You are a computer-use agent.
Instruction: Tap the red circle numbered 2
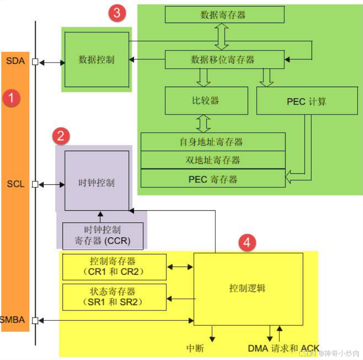coord(61,136)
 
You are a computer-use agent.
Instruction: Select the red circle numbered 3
coord(117,13)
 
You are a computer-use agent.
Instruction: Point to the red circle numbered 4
coord(247,243)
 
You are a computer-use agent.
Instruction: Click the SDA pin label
coord(15,62)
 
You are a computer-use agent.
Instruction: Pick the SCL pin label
coord(15,184)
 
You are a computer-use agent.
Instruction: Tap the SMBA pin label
coord(13,320)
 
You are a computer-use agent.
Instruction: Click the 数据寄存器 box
coord(225,15)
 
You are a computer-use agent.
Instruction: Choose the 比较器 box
coord(206,101)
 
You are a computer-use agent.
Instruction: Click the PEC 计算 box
coord(307,101)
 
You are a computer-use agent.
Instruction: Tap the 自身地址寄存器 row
coord(213,142)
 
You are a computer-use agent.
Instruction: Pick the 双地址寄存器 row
coord(213,160)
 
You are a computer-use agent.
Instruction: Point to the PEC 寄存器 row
coord(213,179)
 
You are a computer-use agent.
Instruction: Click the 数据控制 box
coord(97,60)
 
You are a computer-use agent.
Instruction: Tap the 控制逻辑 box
coord(248,288)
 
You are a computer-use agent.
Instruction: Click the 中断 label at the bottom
coord(196,347)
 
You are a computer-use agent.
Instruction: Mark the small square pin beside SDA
coord(35,62)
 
